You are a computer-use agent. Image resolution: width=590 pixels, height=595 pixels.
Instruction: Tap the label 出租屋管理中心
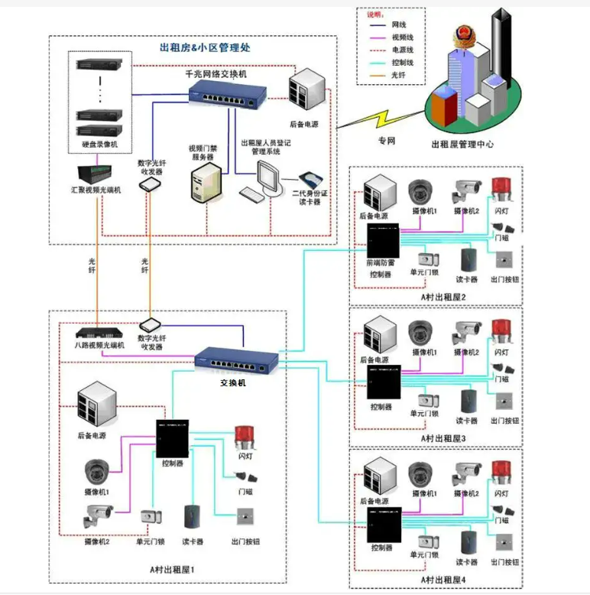point(462,143)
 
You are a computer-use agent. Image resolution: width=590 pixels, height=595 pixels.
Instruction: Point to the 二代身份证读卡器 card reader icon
point(309,179)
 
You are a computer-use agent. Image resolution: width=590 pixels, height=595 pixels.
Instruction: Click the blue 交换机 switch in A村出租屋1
point(233,359)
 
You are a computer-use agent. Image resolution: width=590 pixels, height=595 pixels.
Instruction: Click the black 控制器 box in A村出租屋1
point(172,437)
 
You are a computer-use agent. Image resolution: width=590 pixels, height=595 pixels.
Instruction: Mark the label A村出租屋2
point(443,295)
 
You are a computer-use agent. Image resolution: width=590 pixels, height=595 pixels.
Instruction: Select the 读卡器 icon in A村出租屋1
point(191,518)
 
